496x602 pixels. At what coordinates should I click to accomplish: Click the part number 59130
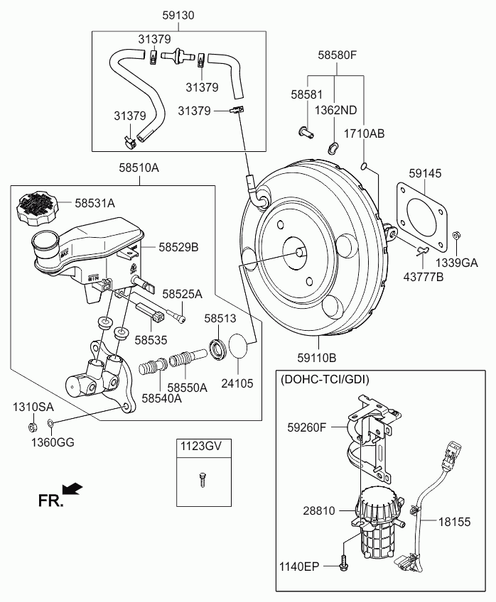[178, 15]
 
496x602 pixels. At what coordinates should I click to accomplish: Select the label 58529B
[178, 247]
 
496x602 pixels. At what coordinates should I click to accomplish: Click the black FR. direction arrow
[72, 489]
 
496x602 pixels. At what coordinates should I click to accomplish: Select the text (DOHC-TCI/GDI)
[325, 379]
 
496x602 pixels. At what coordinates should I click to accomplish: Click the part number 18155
[453, 522]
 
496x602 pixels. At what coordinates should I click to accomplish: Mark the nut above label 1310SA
[33, 427]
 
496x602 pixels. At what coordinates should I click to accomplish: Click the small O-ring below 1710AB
[364, 168]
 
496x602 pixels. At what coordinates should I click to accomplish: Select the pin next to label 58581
[306, 131]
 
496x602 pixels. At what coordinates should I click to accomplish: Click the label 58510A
[139, 168]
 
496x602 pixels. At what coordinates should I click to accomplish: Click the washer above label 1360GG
[50, 425]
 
